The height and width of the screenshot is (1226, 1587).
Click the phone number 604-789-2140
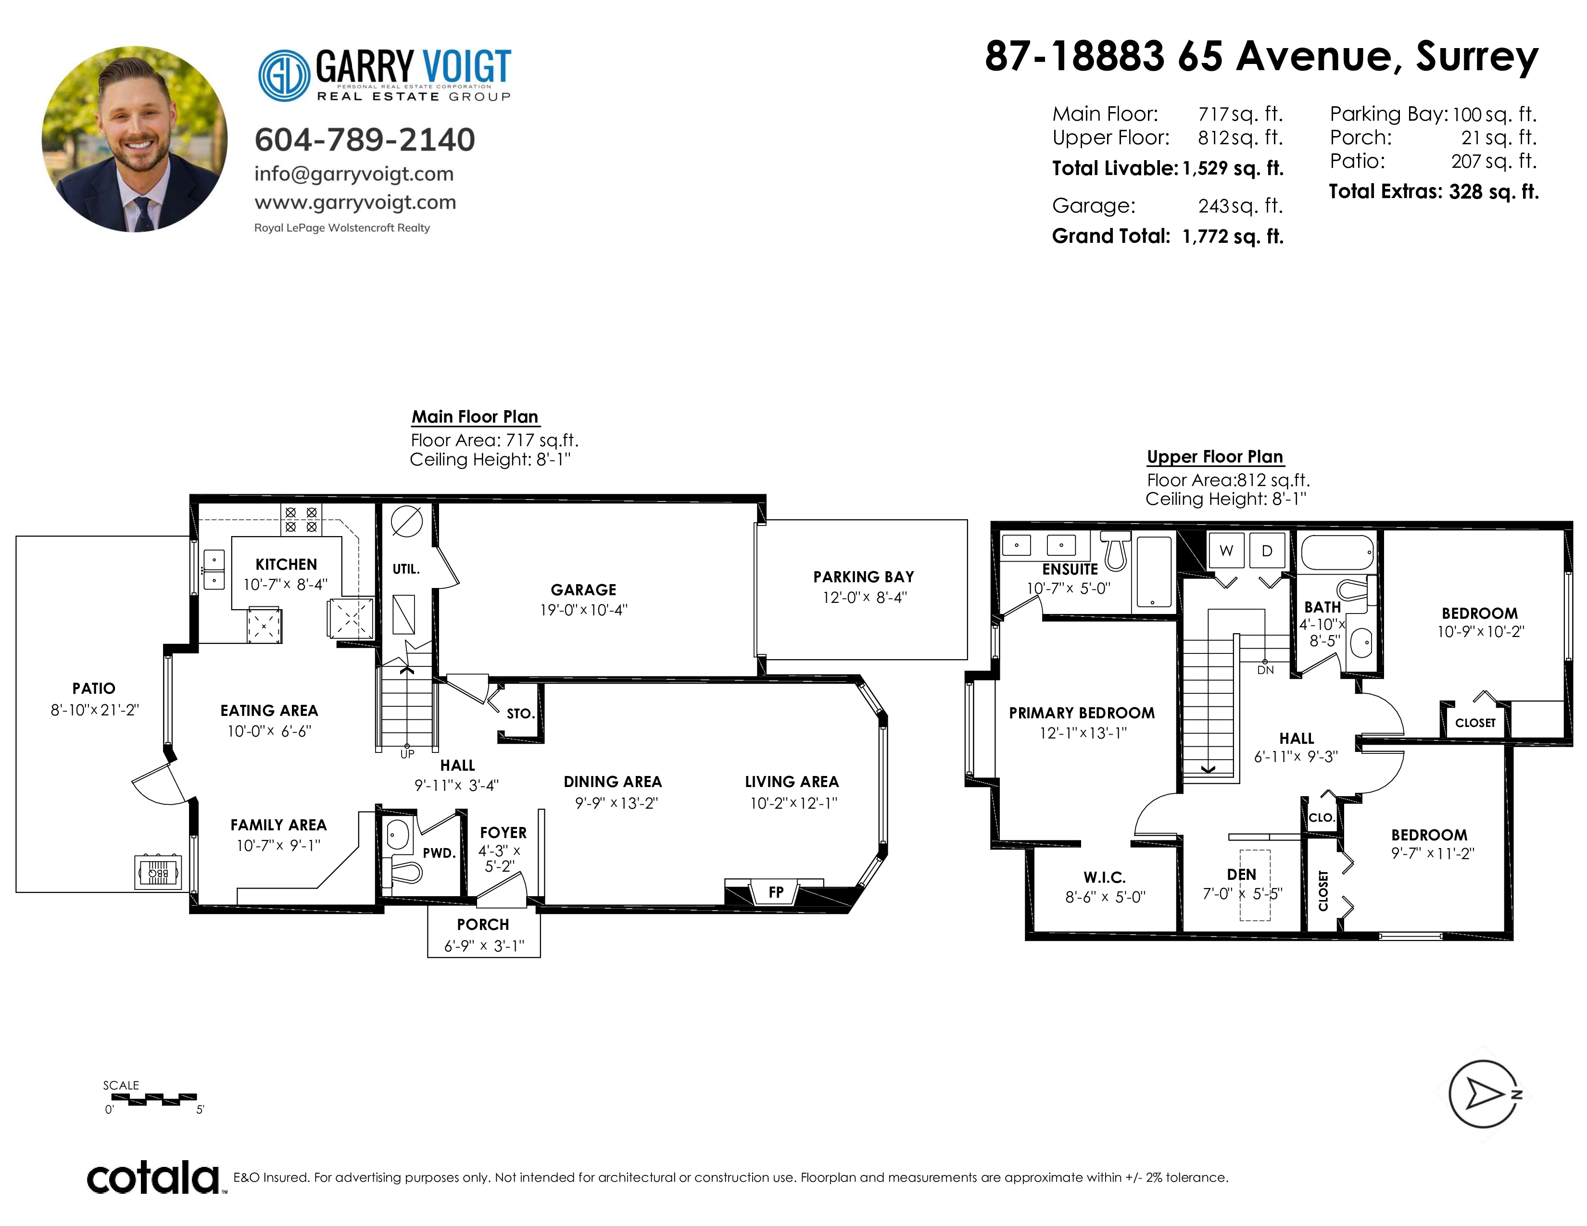pyautogui.click(x=365, y=139)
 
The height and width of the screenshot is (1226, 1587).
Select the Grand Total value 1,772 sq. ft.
pyautogui.click(x=1233, y=236)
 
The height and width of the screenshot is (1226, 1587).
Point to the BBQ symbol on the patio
pyautogui.click(x=158, y=872)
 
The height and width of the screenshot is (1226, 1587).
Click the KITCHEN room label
pyautogui.click(x=286, y=564)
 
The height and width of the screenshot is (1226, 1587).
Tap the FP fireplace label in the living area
pyautogui.click(x=776, y=892)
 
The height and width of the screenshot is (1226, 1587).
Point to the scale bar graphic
pyautogui.click(x=153, y=1100)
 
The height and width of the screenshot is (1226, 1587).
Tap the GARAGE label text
pyautogui.click(x=583, y=590)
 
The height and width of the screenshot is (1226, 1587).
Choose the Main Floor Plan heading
pyautogui.click(x=475, y=417)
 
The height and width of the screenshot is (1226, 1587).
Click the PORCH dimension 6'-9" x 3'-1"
pyautogui.click(x=484, y=946)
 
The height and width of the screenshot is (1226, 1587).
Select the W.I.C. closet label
pyautogui.click(x=1105, y=877)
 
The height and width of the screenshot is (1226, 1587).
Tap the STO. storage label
pyautogui.click(x=520, y=714)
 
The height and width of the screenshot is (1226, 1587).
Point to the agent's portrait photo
pyautogui.click(x=135, y=139)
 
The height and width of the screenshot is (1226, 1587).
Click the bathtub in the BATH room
pyautogui.click(x=1338, y=553)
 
